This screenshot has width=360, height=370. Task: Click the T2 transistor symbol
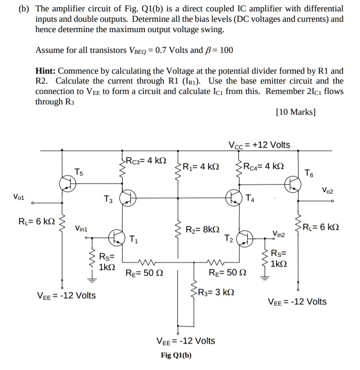[245, 238]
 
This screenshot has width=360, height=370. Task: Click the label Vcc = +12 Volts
[259, 145]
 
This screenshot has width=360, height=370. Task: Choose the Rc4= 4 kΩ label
[264, 166]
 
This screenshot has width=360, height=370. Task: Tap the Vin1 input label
[81, 228]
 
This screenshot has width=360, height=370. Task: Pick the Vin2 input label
[279, 233]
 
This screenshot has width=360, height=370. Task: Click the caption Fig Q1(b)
[176, 355]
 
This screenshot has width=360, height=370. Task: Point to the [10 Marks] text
[295, 112]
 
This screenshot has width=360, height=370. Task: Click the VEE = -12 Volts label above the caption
[185, 341]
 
